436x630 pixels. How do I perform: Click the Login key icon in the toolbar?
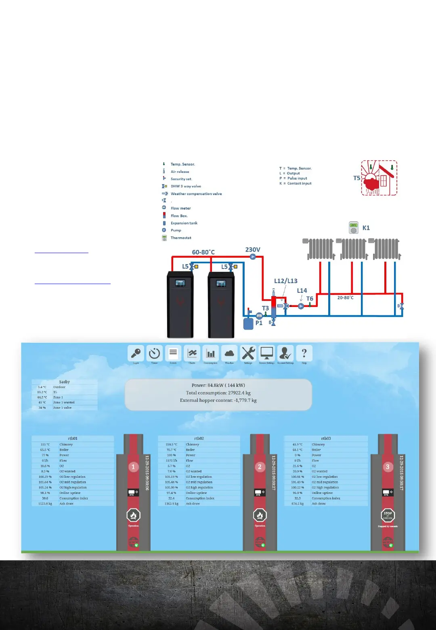(x=136, y=353)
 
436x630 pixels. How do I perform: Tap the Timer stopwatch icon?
(x=154, y=353)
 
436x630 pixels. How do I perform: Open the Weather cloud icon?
(x=229, y=353)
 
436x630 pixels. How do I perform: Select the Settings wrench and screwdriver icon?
(x=248, y=353)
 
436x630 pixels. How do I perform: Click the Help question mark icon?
(x=304, y=353)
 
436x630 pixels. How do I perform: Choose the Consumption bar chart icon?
(x=210, y=353)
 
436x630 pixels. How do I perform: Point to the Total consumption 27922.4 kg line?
(x=218, y=393)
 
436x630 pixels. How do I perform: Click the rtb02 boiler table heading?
(x=199, y=439)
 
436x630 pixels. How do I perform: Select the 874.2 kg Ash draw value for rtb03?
(x=298, y=504)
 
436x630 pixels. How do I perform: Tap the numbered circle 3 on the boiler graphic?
(x=388, y=467)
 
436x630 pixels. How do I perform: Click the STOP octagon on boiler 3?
(x=388, y=515)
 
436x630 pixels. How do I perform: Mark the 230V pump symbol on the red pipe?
(x=253, y=256)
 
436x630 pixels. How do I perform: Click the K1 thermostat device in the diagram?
(x=354, y=228)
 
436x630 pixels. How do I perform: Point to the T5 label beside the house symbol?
(x=356, y=178)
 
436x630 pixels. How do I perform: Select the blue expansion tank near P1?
(x=248, y=323)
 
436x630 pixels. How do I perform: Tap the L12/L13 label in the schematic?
(x=285, y=281)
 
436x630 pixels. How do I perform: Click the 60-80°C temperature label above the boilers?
(x=203, y=252)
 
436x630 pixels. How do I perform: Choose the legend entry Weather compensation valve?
(x=196, y=194)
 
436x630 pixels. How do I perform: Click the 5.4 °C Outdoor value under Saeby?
(x=42, y=387)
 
